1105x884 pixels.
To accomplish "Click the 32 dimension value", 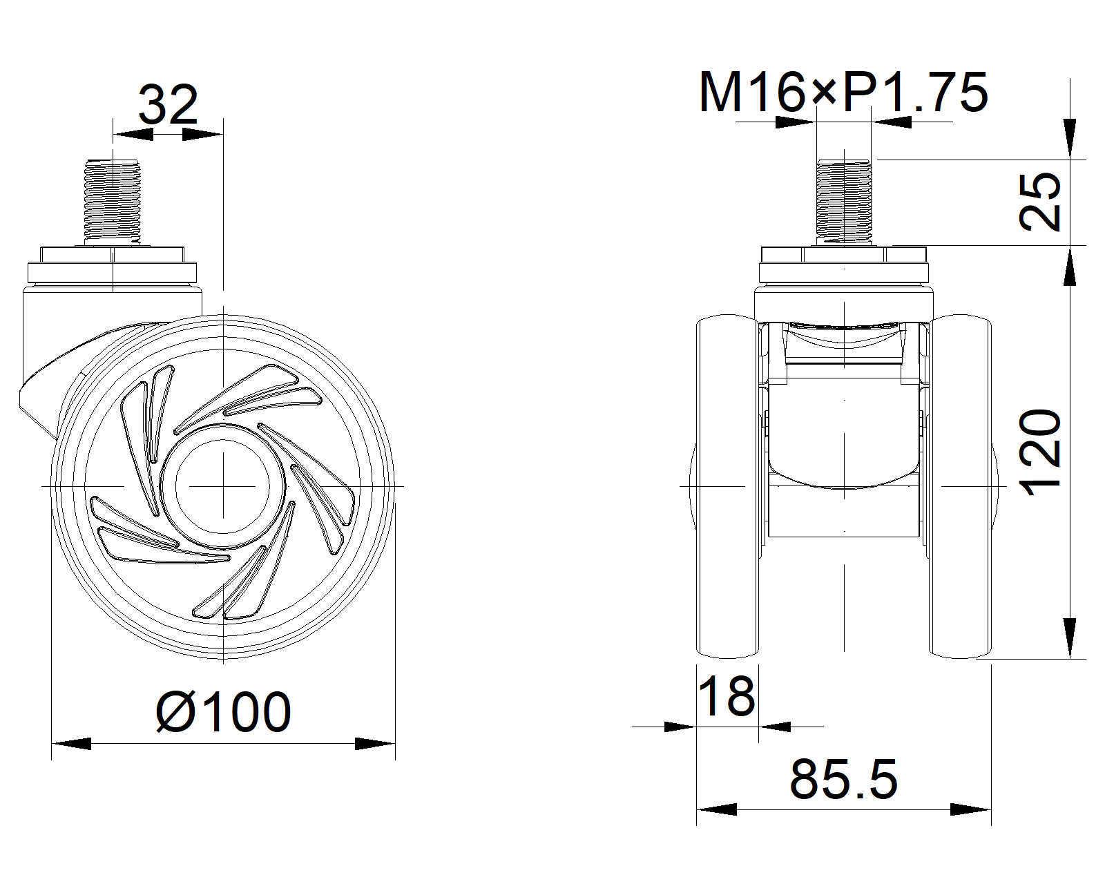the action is point(168,105).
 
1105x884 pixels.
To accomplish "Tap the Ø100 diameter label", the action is point(223,711).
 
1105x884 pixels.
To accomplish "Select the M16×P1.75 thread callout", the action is point(843,93).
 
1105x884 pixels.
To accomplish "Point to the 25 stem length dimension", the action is point(1040,202).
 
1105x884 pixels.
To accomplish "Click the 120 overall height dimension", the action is point(1040,453).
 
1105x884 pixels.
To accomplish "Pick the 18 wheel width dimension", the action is point(727,696).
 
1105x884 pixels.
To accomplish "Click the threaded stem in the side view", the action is point(113,202).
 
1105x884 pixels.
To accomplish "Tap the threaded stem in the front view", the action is point(844,202).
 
